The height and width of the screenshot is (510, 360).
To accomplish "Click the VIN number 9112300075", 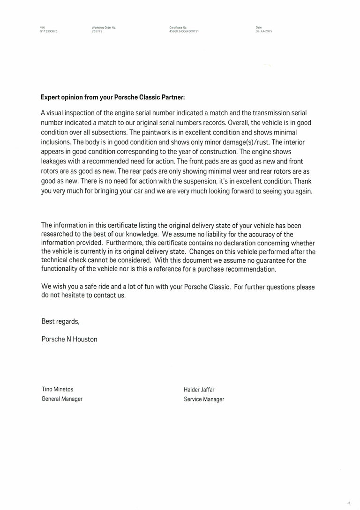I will click(49, 31).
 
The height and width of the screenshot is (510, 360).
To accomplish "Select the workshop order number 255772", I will click(97, 31).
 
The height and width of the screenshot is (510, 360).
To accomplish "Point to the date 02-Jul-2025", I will click(264, 31).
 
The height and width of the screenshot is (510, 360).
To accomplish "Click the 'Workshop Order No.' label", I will click(104, 28).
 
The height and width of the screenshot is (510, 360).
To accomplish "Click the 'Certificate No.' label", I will click(178, 28).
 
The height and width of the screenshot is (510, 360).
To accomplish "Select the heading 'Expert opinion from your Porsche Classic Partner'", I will click(112, 98).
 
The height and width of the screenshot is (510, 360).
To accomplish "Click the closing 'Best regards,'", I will click(60, 322).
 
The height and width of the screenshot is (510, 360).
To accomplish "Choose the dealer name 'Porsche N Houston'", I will click(69, 339).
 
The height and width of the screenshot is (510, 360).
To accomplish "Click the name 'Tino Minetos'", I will click(57, 389).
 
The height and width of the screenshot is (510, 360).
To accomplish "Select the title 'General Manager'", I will click(62, 399).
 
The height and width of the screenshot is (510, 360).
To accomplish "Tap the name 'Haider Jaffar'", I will click(199, 390).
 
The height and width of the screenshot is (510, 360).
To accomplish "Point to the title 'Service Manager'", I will click(204, 399).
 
